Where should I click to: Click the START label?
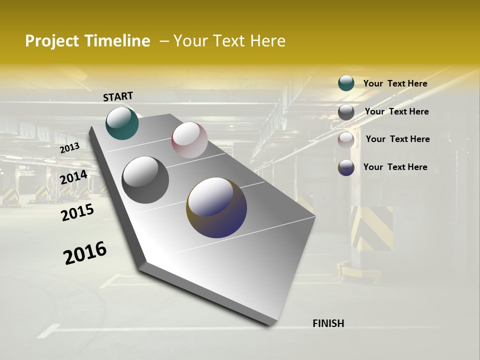(118, 96)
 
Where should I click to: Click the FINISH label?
(328, 323)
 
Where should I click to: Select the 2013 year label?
(69, 148)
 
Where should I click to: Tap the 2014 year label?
(73, 177)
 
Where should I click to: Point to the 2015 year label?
(77, 212)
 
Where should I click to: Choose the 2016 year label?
(85, 252)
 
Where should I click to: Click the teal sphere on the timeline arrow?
(122, 123)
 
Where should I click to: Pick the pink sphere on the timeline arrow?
(189, 140)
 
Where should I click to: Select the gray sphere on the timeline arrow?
(145, 180)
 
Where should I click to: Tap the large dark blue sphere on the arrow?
(216, 207)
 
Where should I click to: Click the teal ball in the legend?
(346, 83)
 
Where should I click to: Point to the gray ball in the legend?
(346, 112)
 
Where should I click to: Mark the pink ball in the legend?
(346, 140)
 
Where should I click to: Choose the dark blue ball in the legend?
(346, 167)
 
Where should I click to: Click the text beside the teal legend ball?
(395, 83)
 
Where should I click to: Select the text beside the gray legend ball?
(396, 111)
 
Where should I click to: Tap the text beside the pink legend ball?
(397, 139)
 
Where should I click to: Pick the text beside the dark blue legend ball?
(395, 167)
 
